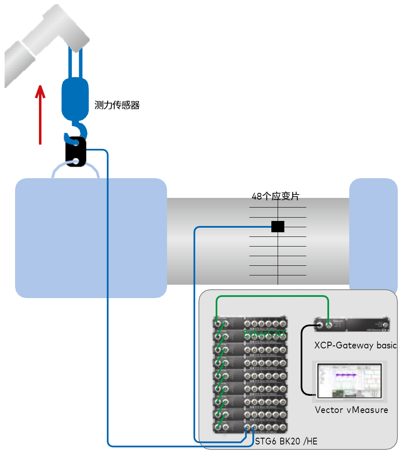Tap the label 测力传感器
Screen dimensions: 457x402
click(x=117, y=105)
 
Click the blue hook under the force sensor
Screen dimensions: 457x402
click(x=78, y=130)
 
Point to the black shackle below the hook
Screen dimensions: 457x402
click(x=76, y=152)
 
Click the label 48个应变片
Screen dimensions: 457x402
click(x=276, y=196)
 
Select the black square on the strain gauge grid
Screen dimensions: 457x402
click(x=278, y=226)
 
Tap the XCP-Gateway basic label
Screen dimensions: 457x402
click(x=355, y=345)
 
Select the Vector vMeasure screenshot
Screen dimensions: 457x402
click(x=349, y=381)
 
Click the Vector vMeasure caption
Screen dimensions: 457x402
click(x=351, y=410)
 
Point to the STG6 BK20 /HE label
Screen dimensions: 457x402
click(x=286, y=441)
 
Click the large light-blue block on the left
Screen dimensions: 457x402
click(x=90, y=238)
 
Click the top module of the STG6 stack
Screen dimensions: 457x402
click(x=250, y=323)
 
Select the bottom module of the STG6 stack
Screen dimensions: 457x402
click(x=250, y=427)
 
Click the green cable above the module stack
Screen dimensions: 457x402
click(x=272, y=297)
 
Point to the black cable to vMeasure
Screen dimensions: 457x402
click(x=302, y=361)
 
